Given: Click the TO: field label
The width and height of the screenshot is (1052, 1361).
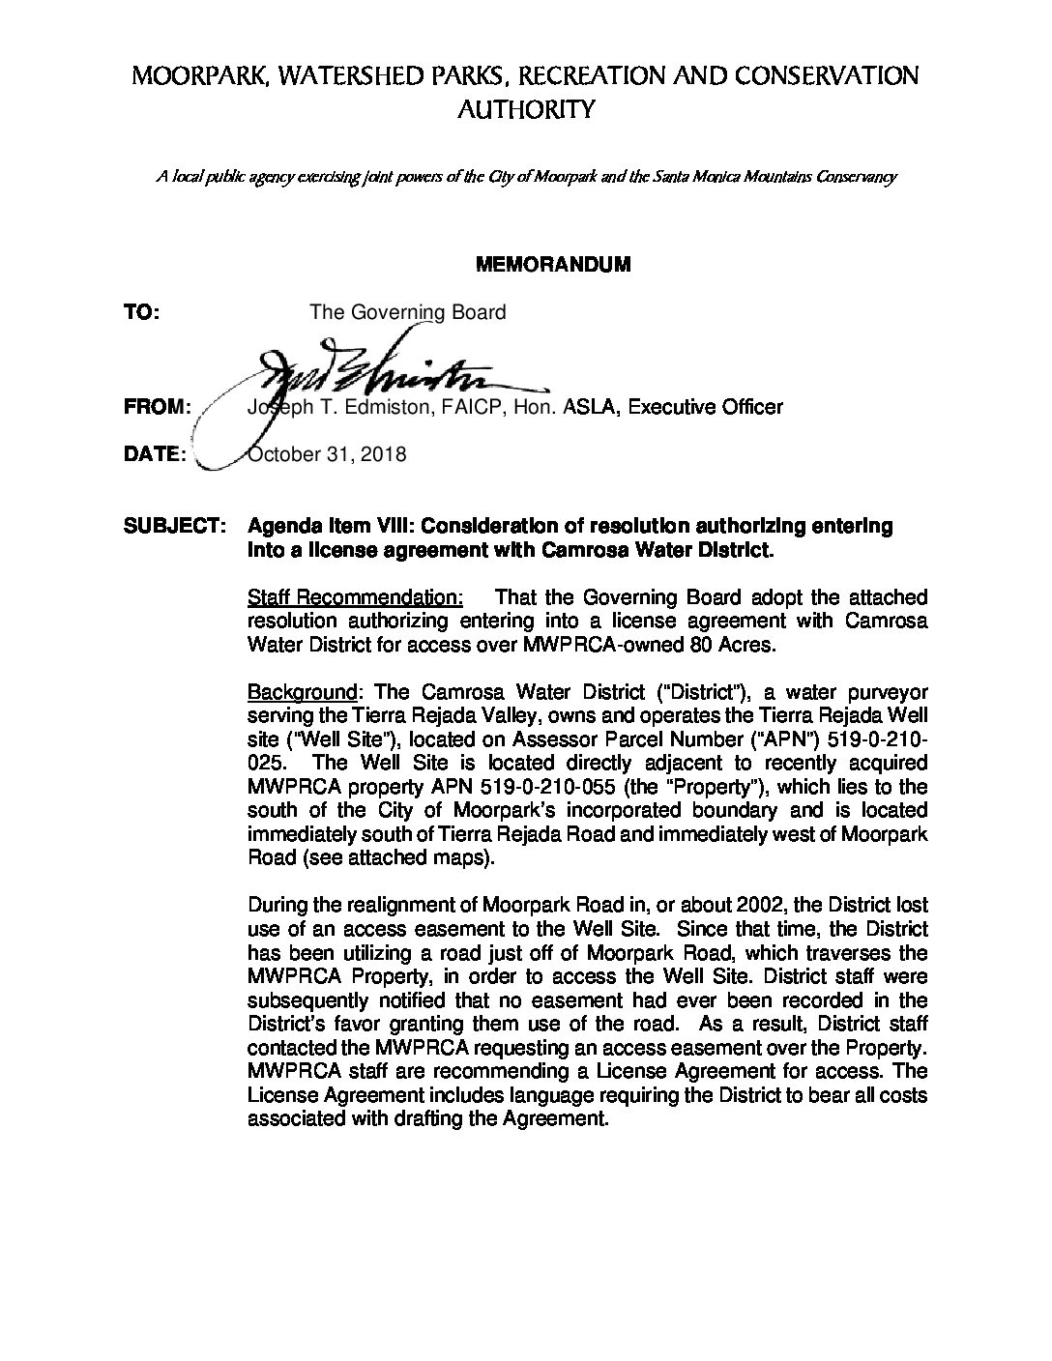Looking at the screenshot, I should coord(142,313).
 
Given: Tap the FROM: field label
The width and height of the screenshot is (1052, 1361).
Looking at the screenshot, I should coord(158,407).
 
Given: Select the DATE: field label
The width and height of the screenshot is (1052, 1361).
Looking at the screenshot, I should coord(155,454).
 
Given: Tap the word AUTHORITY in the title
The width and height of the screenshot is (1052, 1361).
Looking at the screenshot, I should coord(525,110).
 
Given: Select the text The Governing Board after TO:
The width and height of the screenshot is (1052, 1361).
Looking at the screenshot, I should coord(407,313).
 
